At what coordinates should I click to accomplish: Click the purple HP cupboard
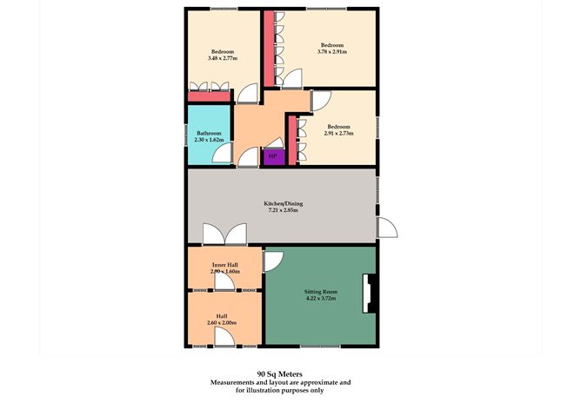click(272, 157)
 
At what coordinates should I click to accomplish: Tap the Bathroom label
click(209, 133)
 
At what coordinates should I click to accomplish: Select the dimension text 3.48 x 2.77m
click(224, 58)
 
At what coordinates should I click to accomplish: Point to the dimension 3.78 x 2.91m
click(331, 52)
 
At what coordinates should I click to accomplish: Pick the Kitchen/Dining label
click(282, 203)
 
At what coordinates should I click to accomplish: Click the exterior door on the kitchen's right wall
click(386, 228)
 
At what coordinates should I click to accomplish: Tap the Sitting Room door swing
click(274, 260)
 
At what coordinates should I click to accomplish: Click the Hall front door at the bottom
click(223, 340)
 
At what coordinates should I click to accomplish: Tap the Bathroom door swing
click(224, 155)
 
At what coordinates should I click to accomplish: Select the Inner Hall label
click(225, 264)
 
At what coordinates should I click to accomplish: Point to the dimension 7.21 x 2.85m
click(282, 210)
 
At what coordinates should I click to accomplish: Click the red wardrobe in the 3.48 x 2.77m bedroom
click(209, 96)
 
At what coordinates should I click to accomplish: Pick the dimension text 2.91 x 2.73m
click(338, 133)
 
